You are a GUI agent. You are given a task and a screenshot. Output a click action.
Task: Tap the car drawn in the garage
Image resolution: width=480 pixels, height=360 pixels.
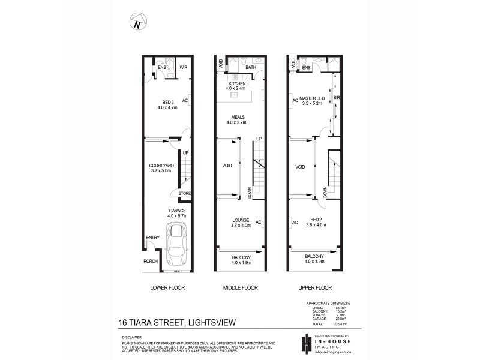coord(177,245)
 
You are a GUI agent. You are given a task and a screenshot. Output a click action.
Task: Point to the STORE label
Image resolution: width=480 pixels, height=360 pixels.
coord(184,194)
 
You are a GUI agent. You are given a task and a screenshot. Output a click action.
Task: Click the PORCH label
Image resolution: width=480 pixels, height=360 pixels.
coord(150,262)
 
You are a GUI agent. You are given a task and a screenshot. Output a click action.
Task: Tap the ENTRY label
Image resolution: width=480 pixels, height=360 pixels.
coord(152,238)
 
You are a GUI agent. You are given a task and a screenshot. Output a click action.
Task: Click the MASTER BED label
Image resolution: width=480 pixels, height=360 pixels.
coord(313,98)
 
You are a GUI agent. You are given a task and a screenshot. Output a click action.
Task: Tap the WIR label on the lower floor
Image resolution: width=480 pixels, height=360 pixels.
coord(184,67)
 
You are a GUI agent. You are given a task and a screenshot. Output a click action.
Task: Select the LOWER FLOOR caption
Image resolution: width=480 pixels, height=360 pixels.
coord(167,288)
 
